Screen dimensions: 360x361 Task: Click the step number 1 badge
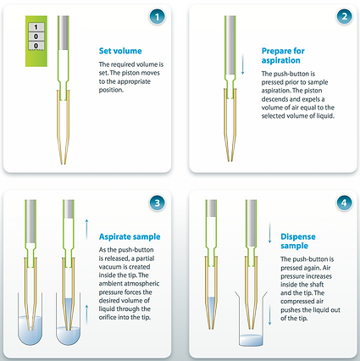157,17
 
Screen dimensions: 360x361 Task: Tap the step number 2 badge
344,16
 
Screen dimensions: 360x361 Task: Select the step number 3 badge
157,203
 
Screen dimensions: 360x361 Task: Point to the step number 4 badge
344,203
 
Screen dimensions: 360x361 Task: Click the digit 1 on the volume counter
36,27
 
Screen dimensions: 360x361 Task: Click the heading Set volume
120,51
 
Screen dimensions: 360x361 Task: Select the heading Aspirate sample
130,236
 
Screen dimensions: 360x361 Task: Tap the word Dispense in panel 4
298,236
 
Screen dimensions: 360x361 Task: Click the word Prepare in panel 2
275,51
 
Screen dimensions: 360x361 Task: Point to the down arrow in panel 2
242,64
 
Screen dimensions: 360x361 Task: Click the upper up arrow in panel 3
86,229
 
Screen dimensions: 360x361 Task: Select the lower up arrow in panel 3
86,314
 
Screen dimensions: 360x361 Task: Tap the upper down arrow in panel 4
269,233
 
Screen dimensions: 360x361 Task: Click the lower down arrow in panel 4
269,315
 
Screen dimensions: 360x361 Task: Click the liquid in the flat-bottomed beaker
251,340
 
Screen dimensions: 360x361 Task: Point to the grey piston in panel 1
64,33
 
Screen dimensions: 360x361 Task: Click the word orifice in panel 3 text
107,317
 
